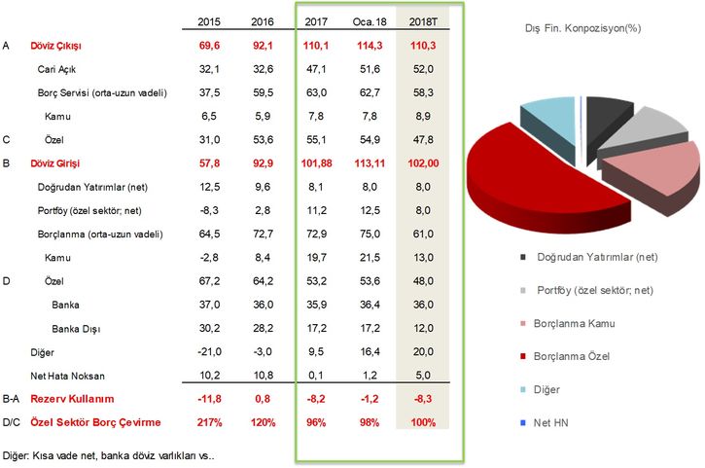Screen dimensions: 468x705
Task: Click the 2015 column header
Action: (x=208, y=21)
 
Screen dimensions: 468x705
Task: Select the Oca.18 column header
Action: (x=368, y=21)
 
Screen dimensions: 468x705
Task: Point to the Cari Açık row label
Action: (x=57, y=70)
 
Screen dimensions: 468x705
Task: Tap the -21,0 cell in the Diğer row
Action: (x=208, y=350)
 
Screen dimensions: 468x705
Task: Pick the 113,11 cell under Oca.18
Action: (x=368, y=163)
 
